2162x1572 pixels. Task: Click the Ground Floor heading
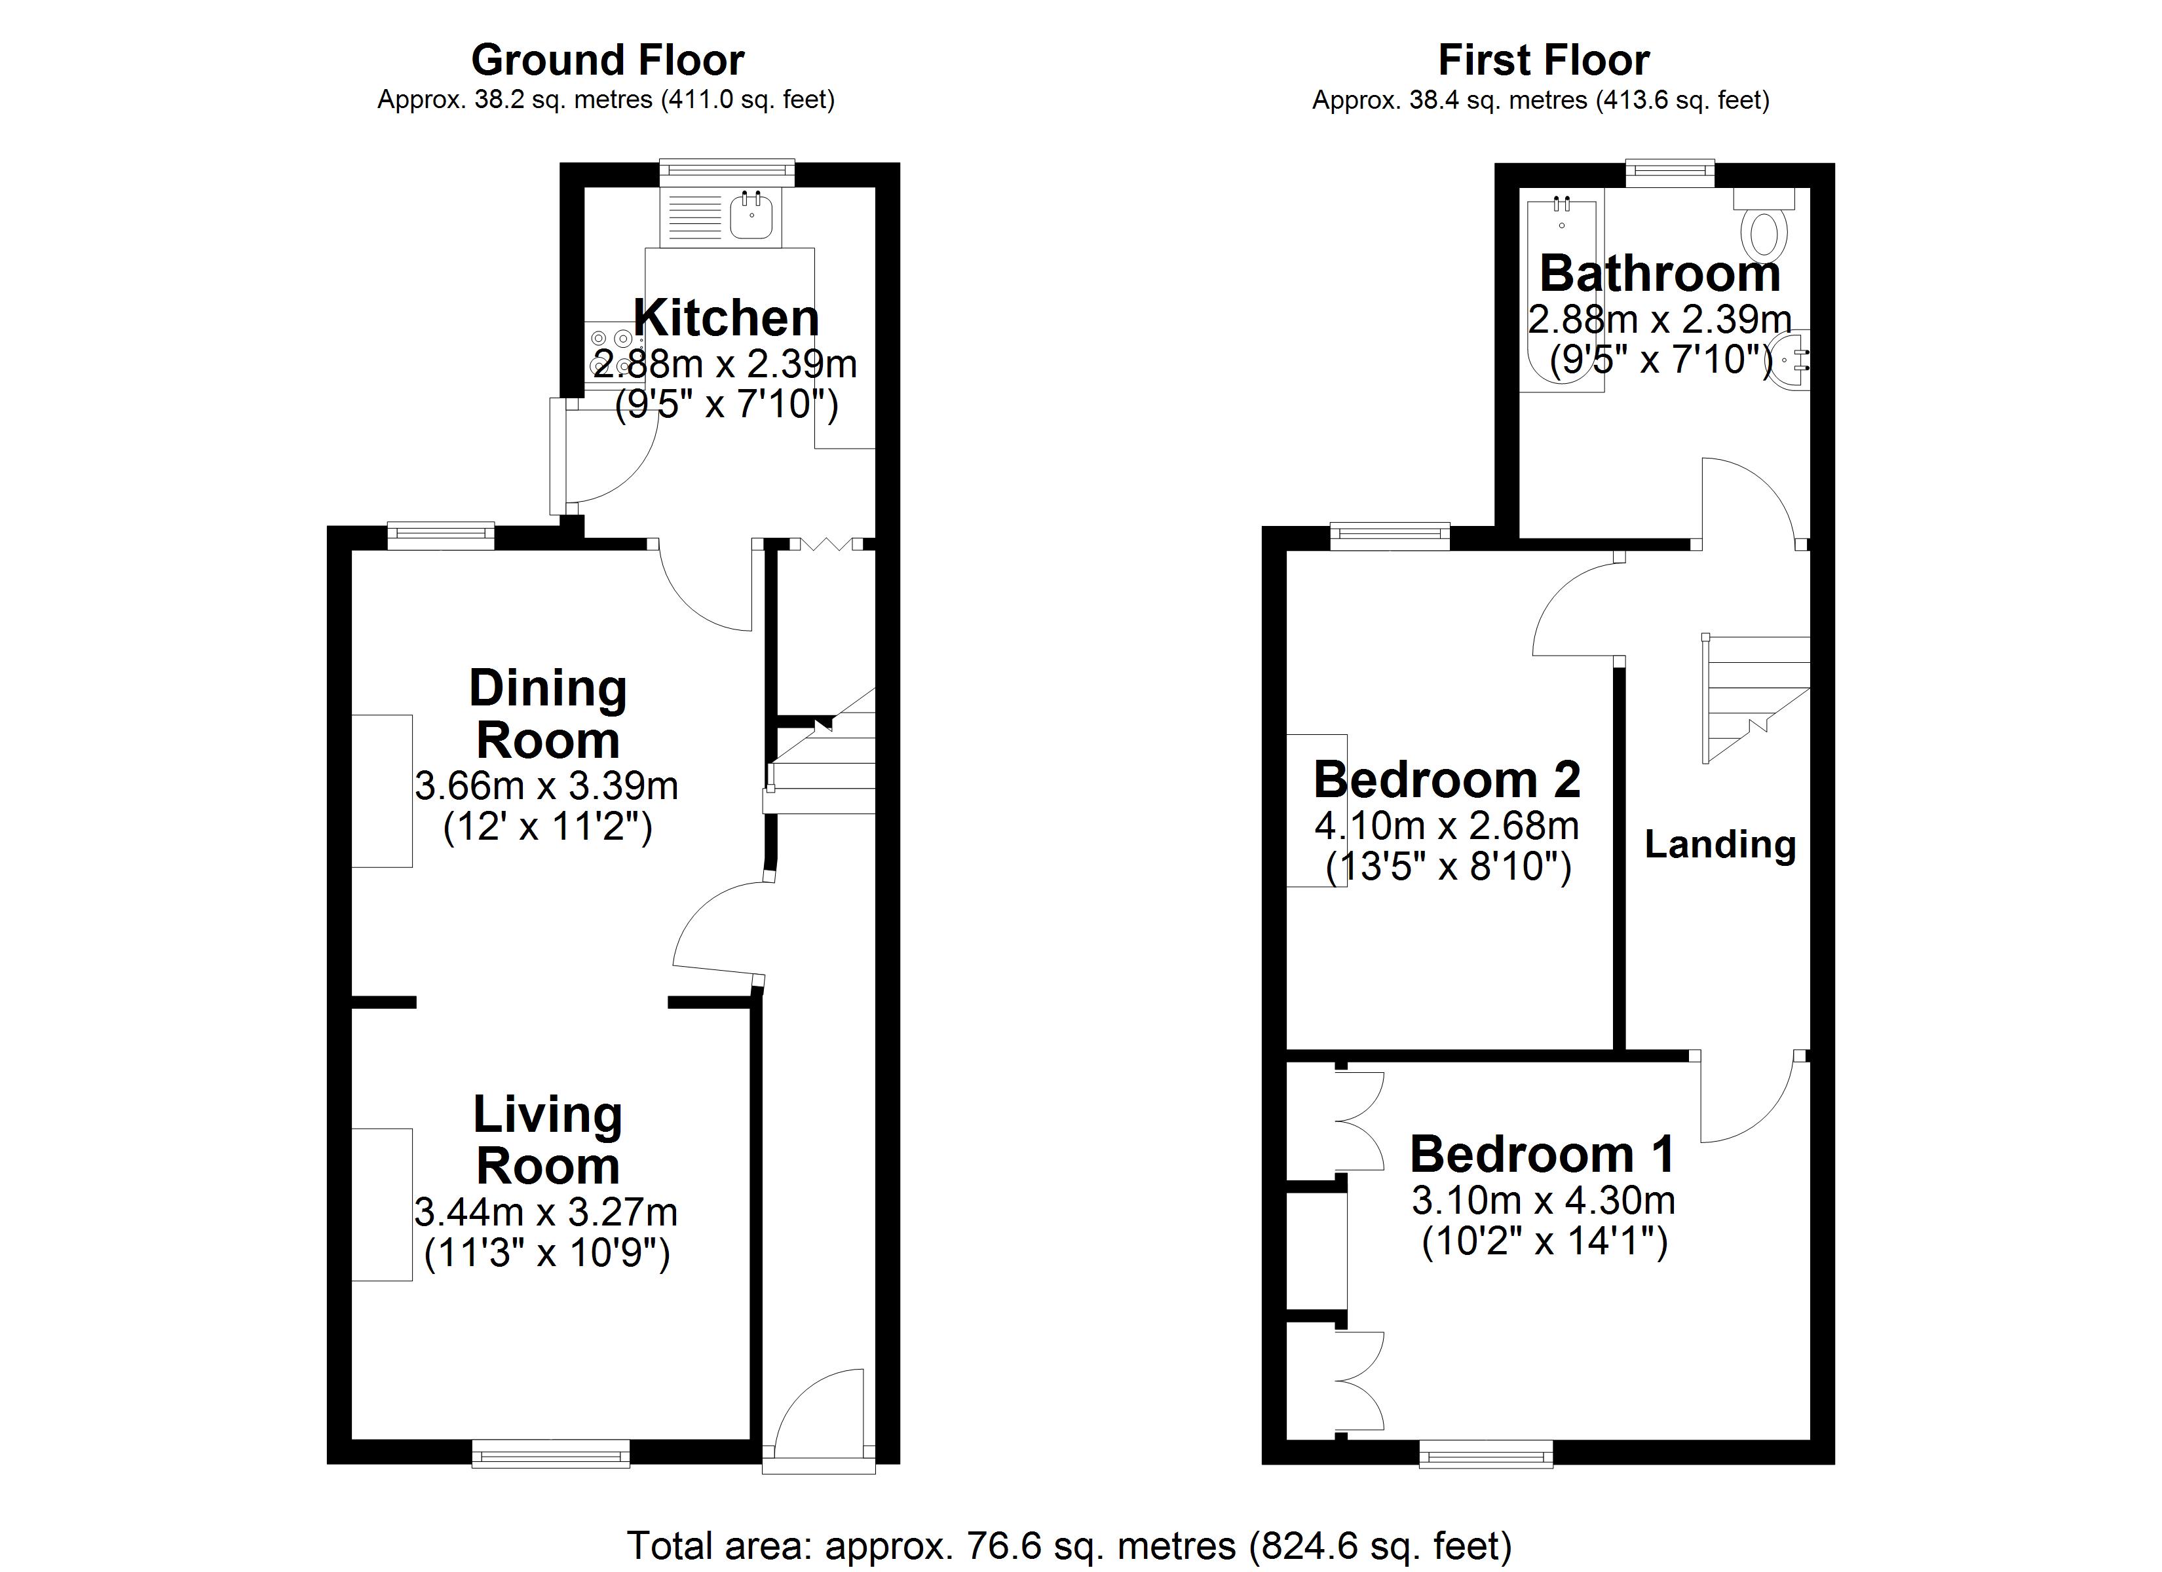click(x=607, y=61)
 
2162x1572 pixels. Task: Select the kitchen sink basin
click(x=751, y=216)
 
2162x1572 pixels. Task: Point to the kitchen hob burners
click(x=610, y=351)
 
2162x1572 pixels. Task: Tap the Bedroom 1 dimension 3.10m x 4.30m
click(x=1544, y=1200)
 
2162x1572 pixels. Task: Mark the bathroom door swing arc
click(x=1750, y=500)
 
